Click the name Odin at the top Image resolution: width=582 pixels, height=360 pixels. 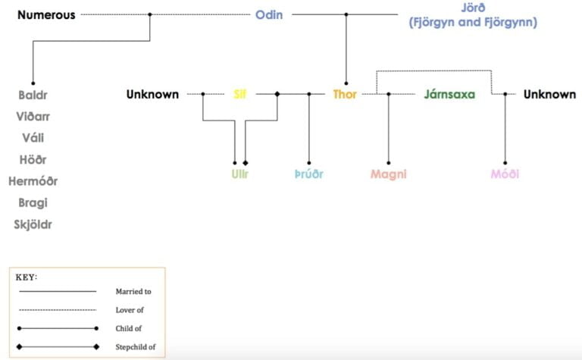pos(269,14)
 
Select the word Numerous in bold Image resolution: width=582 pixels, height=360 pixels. pos(46,14)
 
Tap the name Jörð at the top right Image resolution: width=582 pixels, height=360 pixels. pos(473,8)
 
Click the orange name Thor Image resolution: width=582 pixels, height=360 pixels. pos(345,95)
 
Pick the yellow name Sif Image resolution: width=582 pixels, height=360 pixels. pos(239,95)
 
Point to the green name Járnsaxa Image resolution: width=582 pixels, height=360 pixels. pos(449,95)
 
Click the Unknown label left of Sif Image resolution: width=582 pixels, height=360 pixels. pos(152,95)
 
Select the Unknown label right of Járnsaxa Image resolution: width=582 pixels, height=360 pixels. pos(549,95)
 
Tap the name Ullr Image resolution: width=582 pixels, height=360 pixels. pos(239,174)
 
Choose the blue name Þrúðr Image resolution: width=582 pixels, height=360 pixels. pos(308,174)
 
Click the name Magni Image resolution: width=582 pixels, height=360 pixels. pos(389,174)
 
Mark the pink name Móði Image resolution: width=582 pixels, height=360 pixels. pos(505,174)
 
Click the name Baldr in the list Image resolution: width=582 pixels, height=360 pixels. pos(33,95)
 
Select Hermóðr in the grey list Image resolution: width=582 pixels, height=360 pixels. pos(33,181)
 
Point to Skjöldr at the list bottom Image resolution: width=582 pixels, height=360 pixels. pos(33,224)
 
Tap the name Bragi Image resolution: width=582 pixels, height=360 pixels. pos(33,203)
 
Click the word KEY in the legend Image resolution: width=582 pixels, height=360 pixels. pos(27,277)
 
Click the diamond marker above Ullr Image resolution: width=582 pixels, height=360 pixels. pos(246,163)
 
